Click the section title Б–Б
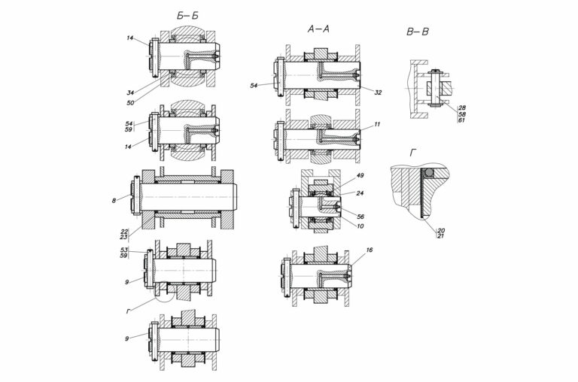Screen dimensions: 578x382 (187, 16)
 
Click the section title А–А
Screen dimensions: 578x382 (318, 29)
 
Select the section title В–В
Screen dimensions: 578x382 (418, 32)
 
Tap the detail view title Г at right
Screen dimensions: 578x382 (413, 153)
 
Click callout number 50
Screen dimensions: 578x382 (130, 103)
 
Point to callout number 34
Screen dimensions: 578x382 (130, 92)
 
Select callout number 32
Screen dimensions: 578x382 (378, 92)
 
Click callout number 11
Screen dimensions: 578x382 (377, 125)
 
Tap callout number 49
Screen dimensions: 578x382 (360, 175)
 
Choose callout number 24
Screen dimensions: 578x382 (360, 193)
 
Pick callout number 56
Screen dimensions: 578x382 (360, 217)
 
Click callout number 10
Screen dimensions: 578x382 (360, 226)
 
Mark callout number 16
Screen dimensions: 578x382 (370, 250)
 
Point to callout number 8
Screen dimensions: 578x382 (114, 201)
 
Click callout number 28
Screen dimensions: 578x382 (462, 108)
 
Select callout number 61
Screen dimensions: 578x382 (462, 120)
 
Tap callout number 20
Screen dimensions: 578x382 (440, 230)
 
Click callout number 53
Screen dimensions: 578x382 (124, 250)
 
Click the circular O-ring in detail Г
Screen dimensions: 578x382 (428, 172)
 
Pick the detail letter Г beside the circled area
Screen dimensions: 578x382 (128, 311)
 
